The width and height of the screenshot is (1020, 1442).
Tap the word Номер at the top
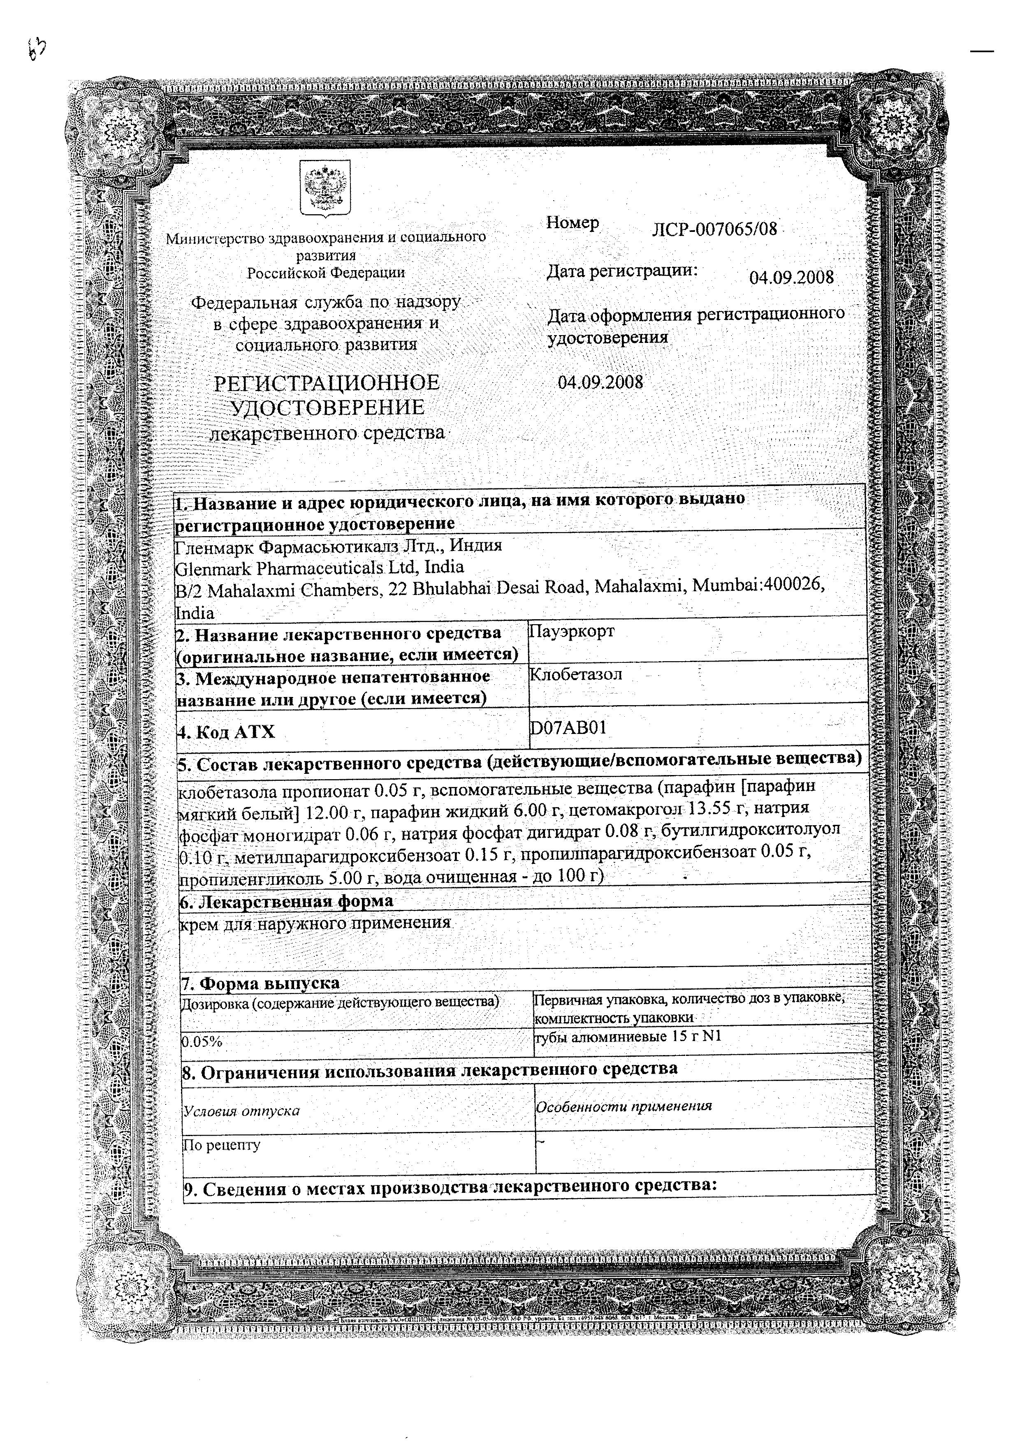point(572,223)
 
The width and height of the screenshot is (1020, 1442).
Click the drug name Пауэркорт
point(572,631)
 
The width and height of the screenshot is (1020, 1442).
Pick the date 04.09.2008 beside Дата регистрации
point(791,278)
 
